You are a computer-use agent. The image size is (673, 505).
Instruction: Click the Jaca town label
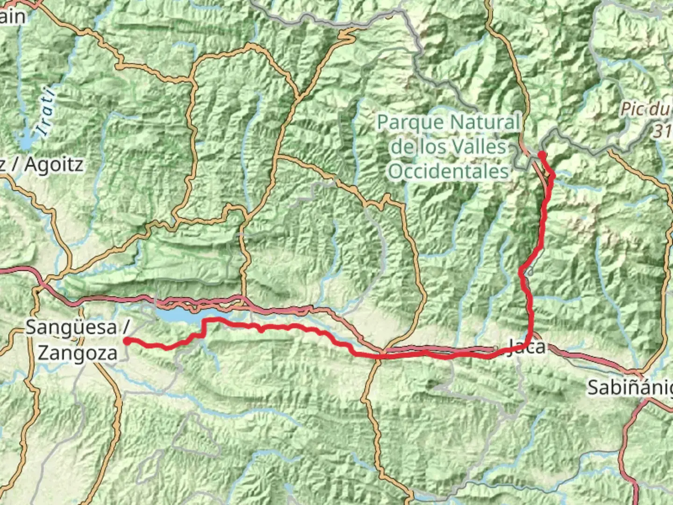[x=526, y=347]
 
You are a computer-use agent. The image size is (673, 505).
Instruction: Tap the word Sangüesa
[x=71, y=327]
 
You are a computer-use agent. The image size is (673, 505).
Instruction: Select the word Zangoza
[x=78, y=353]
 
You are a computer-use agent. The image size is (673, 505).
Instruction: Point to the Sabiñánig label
[x=629, y=388]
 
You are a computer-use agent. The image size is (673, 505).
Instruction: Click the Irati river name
[x=47, y=112]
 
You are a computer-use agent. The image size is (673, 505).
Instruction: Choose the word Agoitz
[x=54, y=165]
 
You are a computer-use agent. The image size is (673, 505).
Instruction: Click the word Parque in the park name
[x=410, y=123]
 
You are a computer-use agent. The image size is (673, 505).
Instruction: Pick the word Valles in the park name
[x=477, y=147]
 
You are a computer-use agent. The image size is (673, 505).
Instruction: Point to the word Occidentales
[x=448, y=171]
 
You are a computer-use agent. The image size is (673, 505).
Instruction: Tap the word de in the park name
[x=401, y=147]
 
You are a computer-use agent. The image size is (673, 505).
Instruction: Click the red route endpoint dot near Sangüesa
[x=127, y=341]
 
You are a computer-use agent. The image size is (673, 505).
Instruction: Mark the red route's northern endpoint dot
[x=541, y=154]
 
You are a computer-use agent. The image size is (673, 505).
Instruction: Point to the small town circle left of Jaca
[x=495, y=348]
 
